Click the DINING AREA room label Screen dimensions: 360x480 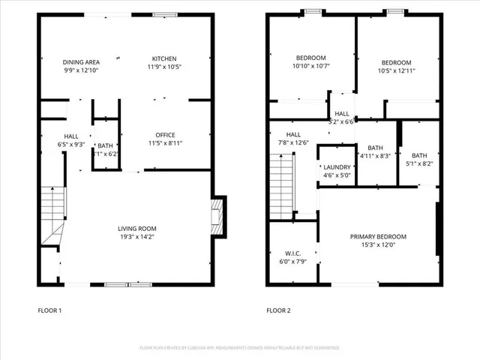click(x=81, y=62)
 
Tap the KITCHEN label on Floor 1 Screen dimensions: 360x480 click(x=165, y=58)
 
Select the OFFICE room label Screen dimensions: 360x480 click(x=165, y=136)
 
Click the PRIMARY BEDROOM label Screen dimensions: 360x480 click(x=379, y=237)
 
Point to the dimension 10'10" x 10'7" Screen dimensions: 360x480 click(x=310, y=65)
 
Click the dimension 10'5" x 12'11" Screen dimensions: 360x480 click(x=396, y=70)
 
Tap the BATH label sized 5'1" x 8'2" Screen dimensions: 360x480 click(x=419, y=155)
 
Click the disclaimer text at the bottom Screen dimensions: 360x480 click(x=239, y=348)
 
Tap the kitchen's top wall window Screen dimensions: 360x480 click(x=165, y=14)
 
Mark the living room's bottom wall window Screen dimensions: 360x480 click(x=128, y=284)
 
